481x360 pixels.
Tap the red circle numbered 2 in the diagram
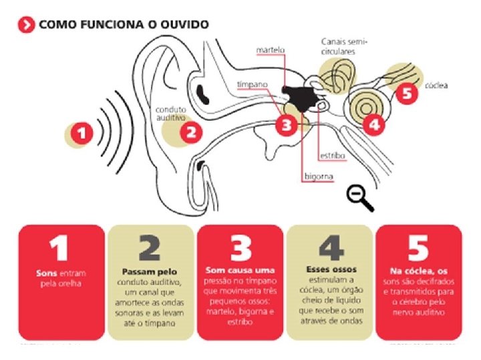click(x=190, y=131)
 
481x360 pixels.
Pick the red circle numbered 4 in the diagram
click(x=373, y=123)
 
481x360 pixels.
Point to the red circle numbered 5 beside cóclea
click(x=407, y=93)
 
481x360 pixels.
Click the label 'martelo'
click(x=271, y=50)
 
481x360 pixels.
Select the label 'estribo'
click(x=332, y=155)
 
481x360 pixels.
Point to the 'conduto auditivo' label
click(x=171, y=113)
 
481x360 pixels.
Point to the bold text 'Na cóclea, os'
click(x=418, y=271)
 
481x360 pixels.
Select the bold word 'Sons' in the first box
click(x=47, y=274)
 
